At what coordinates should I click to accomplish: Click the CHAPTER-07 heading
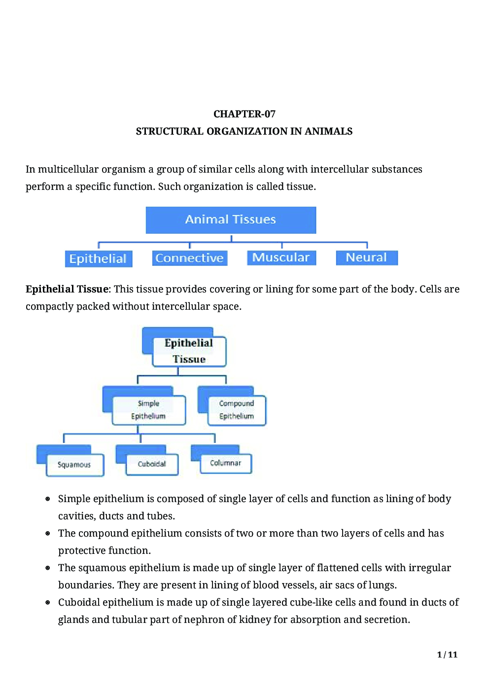244,114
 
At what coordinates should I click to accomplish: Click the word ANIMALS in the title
328,131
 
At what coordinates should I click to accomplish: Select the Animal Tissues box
231,220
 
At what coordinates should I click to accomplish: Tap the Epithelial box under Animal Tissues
98,258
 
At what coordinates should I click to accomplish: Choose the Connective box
189,258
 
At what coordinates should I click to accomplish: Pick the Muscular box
281,257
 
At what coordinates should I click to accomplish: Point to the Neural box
366,257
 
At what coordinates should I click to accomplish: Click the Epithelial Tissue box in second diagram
189,351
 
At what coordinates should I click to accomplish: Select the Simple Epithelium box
148,410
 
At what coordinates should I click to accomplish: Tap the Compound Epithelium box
236,410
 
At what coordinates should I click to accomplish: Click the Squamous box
74,465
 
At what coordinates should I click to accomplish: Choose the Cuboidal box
152,464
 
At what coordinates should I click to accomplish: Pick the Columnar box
226,463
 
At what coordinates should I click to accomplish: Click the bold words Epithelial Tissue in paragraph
67,289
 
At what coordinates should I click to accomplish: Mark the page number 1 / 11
447,655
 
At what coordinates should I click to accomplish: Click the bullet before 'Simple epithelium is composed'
48,499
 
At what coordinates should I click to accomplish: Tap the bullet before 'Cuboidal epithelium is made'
48,602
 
